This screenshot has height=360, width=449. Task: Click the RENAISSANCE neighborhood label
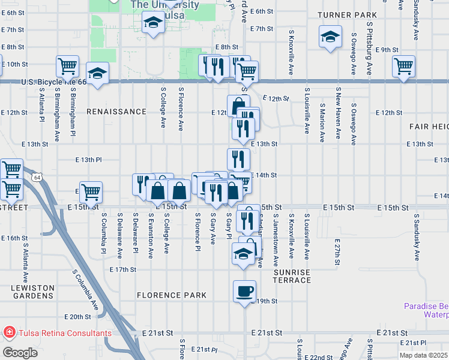point(116,112)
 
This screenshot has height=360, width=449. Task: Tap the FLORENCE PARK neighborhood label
point(171,295)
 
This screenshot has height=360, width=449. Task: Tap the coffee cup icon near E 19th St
point(244,292)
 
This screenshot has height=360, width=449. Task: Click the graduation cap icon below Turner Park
point(331,37)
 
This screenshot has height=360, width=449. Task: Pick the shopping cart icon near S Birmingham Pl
point(67,66)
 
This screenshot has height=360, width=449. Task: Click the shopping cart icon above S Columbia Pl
point(91,193)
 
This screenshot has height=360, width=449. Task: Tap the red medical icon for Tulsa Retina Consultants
point(9,332)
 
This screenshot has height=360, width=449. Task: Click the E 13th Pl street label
point(88,160)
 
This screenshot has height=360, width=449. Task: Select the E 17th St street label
point(123,270)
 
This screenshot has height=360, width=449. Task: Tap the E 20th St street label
point(76,317)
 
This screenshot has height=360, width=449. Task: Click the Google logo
point(20,352)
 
